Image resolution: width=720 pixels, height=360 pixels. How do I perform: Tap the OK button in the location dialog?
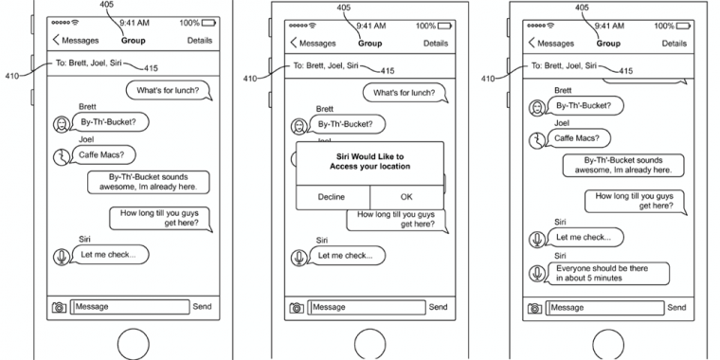(x=406, y=197)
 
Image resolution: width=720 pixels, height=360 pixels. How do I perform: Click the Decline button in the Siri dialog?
(x=332, y=197)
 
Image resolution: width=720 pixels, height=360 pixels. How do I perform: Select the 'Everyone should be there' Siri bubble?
(x=608, y=273)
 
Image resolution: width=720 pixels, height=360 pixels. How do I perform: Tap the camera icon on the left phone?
(x=60, y=307)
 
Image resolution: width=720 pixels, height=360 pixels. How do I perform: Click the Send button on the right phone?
(x=676, y=307)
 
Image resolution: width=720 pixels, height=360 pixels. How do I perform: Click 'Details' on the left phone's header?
(x=200, y=41)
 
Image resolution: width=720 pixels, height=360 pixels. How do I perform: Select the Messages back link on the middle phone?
(x=314, y=44)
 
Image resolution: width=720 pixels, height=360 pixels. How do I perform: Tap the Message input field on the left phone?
(x=130, y=307)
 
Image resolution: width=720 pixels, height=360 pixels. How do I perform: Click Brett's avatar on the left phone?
(x=61, y=124)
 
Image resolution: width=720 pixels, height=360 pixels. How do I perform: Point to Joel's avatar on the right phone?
(x=537, y=140)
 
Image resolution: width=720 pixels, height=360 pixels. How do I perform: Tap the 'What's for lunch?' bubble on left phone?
(x=169, y=90)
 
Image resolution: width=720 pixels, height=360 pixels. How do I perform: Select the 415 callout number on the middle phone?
(x=387, y=71)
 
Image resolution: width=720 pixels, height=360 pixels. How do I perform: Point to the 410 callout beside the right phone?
(x=488, y=79)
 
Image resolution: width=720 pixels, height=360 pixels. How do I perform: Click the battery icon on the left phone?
(x=208, y=23)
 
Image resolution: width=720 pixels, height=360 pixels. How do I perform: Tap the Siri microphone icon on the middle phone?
(x=299, y=258)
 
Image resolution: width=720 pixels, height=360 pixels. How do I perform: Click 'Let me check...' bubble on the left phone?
(x=109, y=255)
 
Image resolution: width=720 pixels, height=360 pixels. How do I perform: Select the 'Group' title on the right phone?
(x=608, y=44)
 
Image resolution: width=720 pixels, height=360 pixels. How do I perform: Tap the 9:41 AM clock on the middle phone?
(x=371, y=26)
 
